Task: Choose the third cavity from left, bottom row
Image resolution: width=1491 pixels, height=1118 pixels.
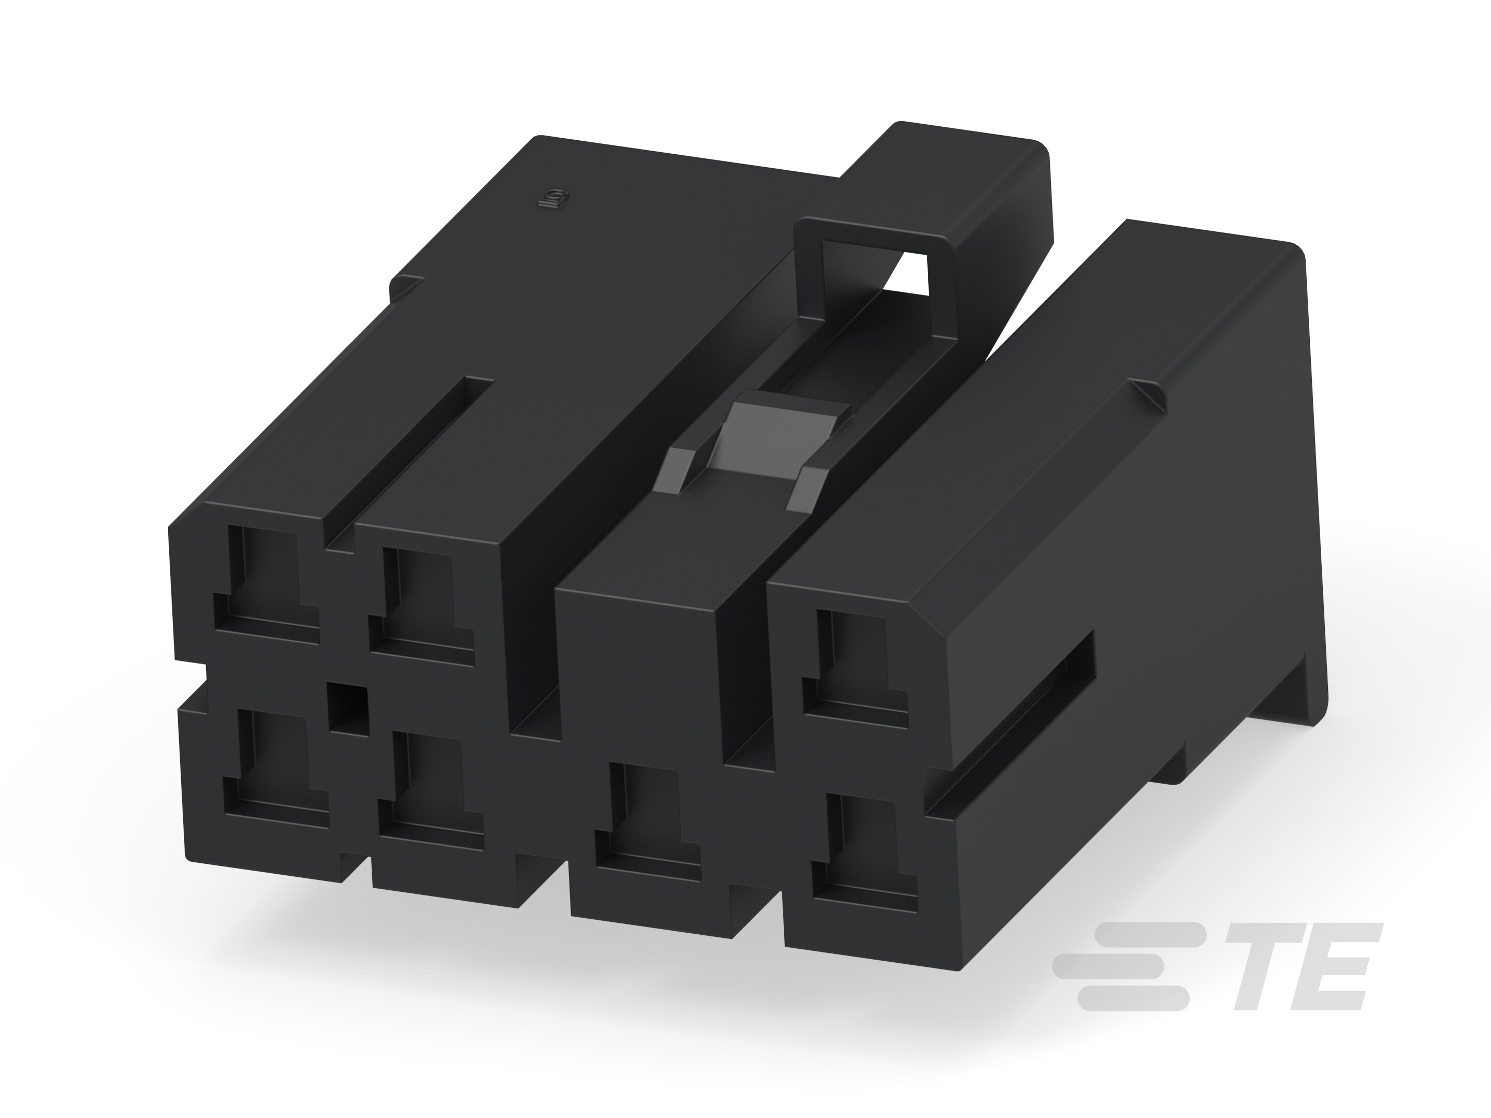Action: coord(648,822)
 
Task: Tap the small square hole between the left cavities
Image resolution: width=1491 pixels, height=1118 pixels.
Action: coord(348,709)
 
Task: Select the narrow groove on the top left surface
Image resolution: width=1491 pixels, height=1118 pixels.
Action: coord(411,458)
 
